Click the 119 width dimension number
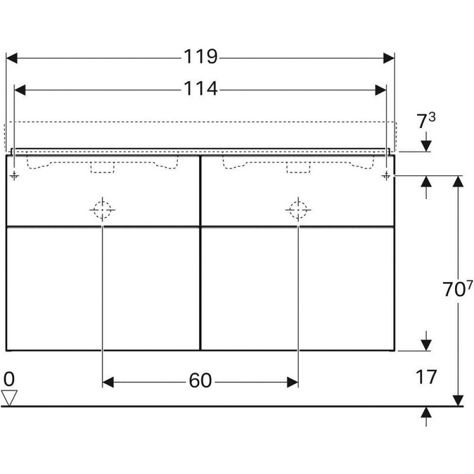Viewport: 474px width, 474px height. point(201,57)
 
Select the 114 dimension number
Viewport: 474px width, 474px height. point(201,89)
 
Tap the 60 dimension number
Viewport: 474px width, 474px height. point(200,381)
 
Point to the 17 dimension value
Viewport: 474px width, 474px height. point(426,377)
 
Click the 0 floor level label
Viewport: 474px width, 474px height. point(9,379)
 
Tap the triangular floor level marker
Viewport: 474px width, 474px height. point(9,397)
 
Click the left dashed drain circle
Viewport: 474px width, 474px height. point(102,209)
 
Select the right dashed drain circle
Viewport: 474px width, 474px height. point(298,209)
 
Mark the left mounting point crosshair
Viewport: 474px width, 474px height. point(15,176)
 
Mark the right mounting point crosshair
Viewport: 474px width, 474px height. point(386,176)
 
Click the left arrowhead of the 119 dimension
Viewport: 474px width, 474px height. point(11,58)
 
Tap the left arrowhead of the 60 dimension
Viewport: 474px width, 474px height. point(109,382)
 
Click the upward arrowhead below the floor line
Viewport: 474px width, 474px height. point(426,412)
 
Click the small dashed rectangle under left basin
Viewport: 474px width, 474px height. point(102,168)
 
